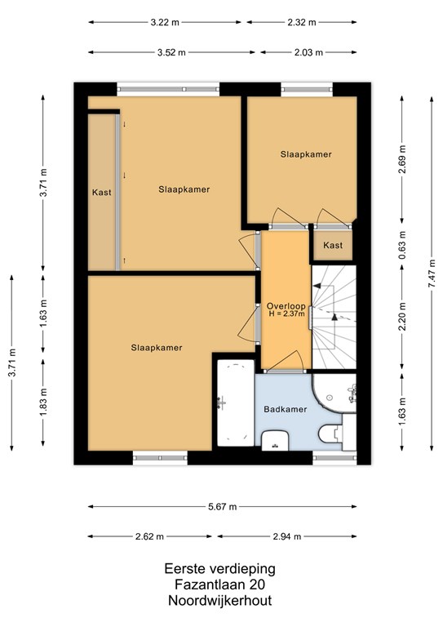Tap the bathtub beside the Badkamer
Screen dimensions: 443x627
pyautogui.click(x=236, y=402)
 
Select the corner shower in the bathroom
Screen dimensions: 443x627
pyautogui.click(x=334, y=393)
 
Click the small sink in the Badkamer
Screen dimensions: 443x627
pyautogui.click(x=275, y=441)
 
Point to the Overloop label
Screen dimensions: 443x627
pyautogui.click(x=286, y=306)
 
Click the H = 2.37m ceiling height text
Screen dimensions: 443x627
pyautogui.click(x=287, y=313)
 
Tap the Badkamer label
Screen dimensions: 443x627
pyautogui.click(x=286, y=409)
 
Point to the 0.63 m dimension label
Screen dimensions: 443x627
pyautogui.click(x=402, y=245)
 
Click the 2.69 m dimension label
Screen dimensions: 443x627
pyautogui.click(x=402, y=158)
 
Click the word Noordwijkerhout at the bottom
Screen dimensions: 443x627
pyautogui.click(x=219, y=600)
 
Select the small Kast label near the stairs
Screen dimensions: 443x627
pyautogui.click(x=333, y=245)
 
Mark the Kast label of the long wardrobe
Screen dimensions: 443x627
pyautogui.click(x=101, y=193)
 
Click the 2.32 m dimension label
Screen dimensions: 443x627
pyautogui.click(x=302, y=22)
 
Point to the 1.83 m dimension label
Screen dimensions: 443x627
pyautogui.click(x=43, y=402)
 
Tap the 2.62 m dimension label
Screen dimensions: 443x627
pyautogui.click(x=149, y=536)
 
